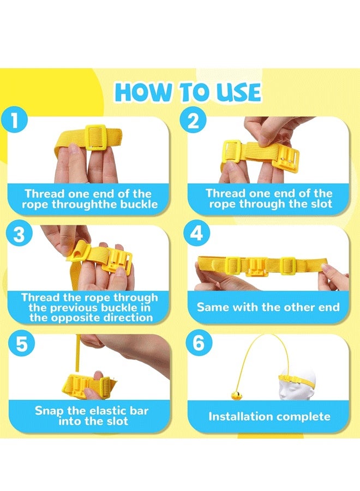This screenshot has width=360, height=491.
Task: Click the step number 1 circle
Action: (14, 121)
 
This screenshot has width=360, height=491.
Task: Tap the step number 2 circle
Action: (193, 120)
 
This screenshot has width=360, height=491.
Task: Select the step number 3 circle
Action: (19, 234)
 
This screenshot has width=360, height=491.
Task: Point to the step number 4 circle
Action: (196, 233)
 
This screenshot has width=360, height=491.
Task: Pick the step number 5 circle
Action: (22, 344)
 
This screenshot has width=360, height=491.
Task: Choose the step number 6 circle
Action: (199, 343)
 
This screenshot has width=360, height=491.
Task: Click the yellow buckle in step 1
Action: (95, 137)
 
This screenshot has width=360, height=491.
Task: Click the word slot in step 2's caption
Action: (319, 204)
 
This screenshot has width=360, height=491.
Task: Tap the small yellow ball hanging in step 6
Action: (237, 396)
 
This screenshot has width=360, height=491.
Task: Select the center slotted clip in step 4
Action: (256, 267)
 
